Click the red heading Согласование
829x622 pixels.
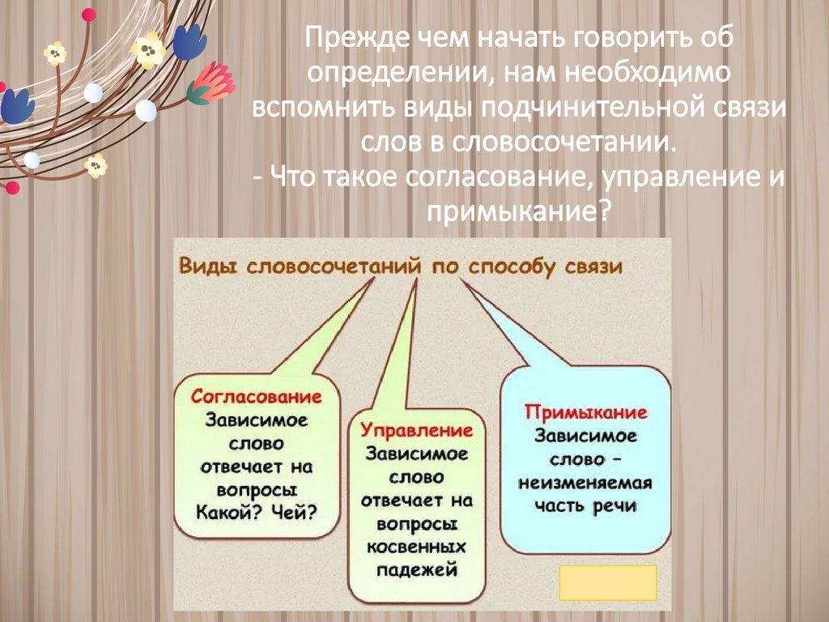pos(257,398)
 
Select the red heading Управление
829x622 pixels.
pos(416,430)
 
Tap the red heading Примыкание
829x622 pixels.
pos(585,412)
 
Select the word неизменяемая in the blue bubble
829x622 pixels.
pos(585,484)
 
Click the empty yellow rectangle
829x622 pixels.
pos(607,582)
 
